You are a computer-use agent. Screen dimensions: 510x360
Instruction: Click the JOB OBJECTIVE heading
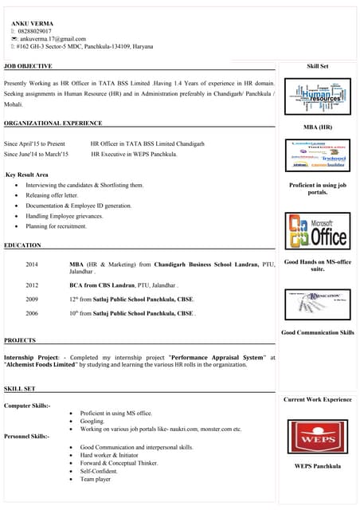coord(29,66)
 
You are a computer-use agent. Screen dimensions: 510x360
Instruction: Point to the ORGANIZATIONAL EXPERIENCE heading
coord(53,124)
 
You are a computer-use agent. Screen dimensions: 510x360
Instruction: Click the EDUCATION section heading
coord(22,245)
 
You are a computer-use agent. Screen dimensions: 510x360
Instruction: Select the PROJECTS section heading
coord(20,340)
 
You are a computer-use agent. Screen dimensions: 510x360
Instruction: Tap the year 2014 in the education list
coord(32,263)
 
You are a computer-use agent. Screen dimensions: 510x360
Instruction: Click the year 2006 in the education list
coord(32,314)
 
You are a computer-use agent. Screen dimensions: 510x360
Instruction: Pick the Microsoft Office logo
coord(318,231)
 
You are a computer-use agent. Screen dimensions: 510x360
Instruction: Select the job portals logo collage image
coord(318,156)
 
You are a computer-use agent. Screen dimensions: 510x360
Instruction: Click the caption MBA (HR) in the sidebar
coord(318,127)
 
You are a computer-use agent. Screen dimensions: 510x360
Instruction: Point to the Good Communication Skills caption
coord(318,332)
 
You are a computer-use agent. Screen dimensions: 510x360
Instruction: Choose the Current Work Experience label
coord(318,399)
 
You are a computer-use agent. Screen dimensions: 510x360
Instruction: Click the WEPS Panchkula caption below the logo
coord(318,466)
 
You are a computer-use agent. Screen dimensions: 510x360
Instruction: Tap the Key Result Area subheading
coord(27,174)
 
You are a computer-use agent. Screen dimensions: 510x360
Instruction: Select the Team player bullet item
coord(95,479)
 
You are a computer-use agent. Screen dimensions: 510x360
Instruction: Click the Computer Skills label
coord(28,406)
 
